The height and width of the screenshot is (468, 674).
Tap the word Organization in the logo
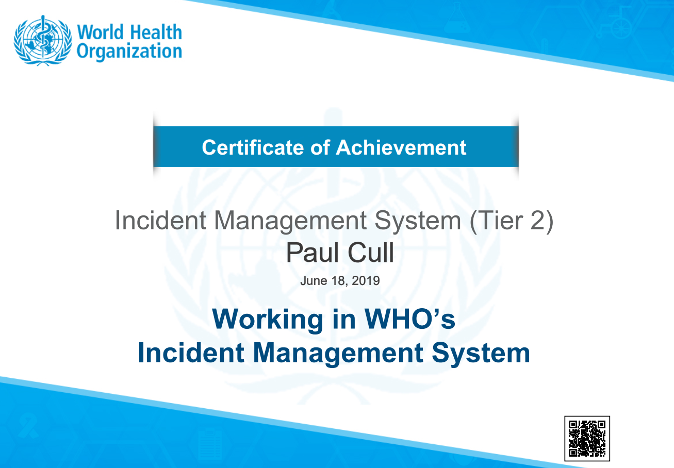tap(129, 52)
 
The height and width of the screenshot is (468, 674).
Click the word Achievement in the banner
tap(401, 147)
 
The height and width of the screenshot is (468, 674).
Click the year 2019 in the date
tap(367, 281)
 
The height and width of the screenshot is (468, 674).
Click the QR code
tap(587, 438)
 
